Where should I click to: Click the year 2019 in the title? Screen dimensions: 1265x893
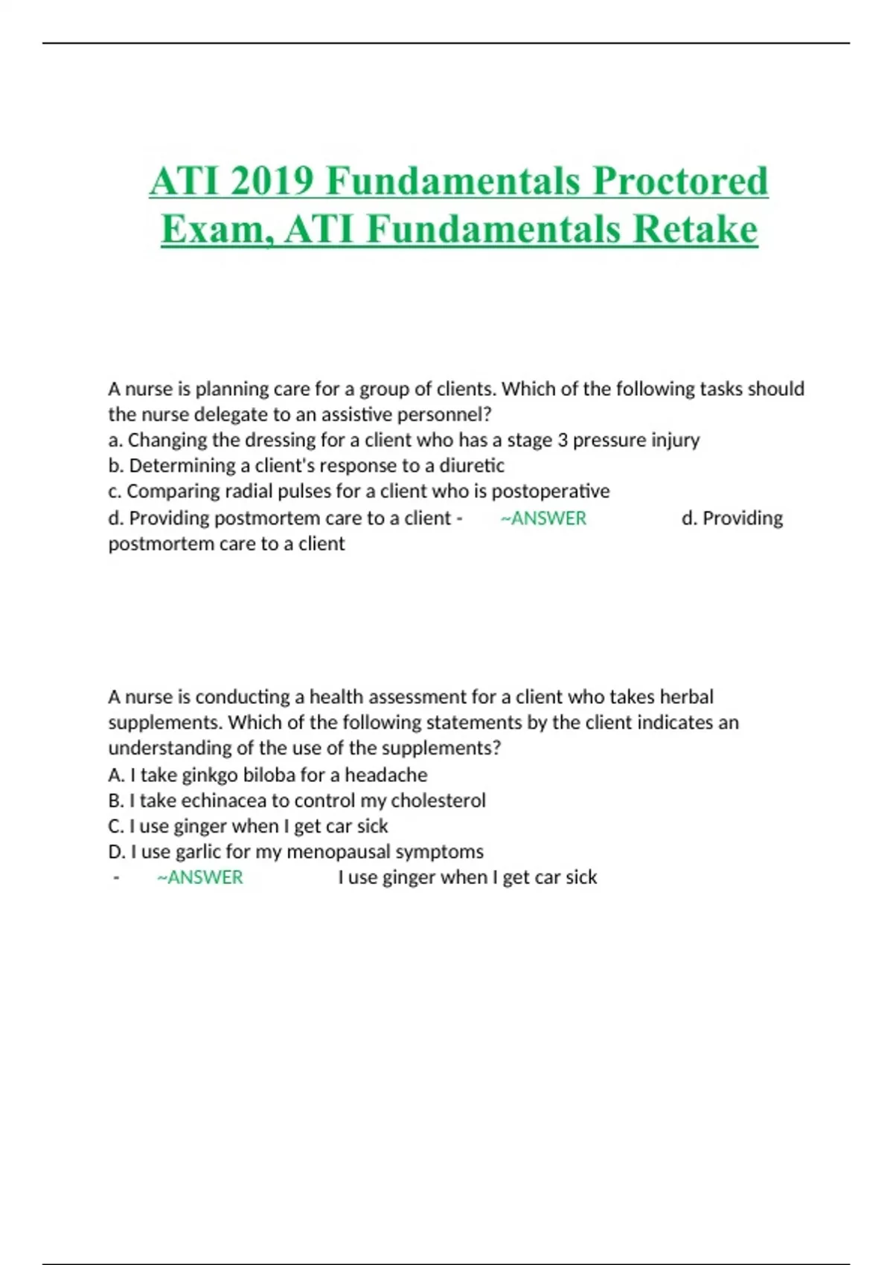pyautogui.click(x=272, y=181)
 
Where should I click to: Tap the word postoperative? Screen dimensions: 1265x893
pyautogui.click(x=551, y=491)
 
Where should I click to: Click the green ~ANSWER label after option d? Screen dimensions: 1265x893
pyautogui.click(x=544, y=518)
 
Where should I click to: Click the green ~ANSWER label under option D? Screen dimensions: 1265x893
pyautogui.click(x=199, y=877)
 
